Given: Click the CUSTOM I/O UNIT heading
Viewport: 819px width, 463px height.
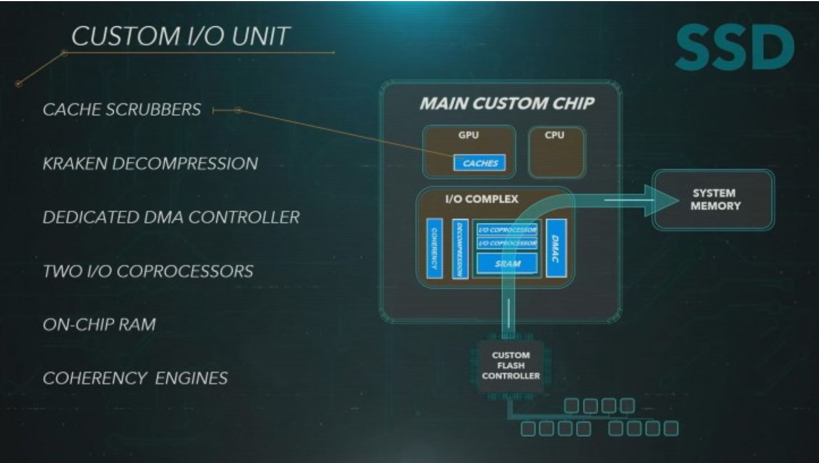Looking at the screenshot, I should tap(180, 36).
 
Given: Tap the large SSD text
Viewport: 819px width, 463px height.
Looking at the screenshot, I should tap(734, 48).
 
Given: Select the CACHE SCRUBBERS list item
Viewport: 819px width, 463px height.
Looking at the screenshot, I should tap(122, 109).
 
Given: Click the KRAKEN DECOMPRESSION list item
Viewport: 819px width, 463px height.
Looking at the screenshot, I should tap(150, 163).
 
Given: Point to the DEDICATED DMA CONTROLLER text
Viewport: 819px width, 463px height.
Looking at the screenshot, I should tap(171, 217).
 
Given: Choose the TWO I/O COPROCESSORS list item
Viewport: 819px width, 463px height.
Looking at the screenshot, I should tap(148, 272).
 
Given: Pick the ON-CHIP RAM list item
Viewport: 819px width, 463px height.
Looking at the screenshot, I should tap(99, 325).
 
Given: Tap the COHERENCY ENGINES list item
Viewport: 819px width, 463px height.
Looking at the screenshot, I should tap(135, 378).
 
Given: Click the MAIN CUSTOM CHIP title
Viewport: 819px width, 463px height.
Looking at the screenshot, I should tap(507, 104).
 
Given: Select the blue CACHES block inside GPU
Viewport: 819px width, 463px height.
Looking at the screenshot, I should tap(480, 163).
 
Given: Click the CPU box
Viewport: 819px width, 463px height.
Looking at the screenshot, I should tap(556, 153).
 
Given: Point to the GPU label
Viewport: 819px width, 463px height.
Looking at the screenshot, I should tap(468, 135).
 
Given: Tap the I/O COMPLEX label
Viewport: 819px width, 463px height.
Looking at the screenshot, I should tap(481, 199).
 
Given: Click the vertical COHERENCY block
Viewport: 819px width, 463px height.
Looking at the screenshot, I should tap(434, 248).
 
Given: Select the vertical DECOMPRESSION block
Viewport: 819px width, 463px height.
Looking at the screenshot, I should tap(460, 249).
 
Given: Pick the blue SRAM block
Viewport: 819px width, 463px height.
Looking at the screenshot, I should tap(507, 264).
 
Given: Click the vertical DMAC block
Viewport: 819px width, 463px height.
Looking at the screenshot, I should tap(556, 248).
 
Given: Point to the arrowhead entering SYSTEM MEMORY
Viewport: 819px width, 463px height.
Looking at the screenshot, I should tap(661, 200).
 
